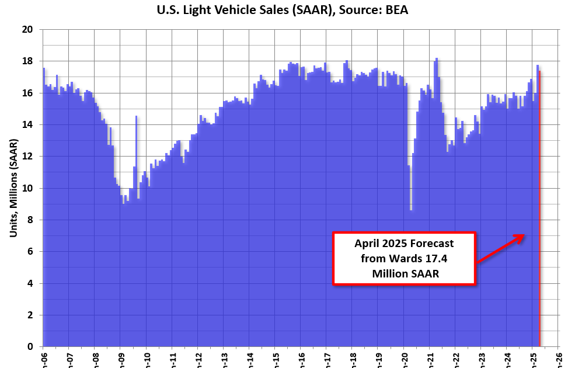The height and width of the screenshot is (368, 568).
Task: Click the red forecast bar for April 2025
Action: click(539, 234)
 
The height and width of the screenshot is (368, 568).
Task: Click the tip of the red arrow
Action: click(524, 235)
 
